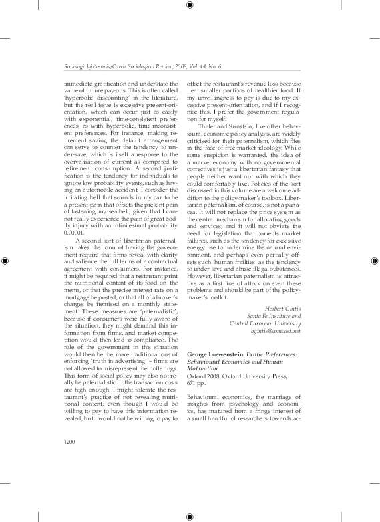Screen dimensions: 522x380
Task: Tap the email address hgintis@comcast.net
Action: point(274,331)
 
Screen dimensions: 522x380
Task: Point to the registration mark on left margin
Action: point(5,261)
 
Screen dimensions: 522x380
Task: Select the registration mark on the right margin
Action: point(375,261)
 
